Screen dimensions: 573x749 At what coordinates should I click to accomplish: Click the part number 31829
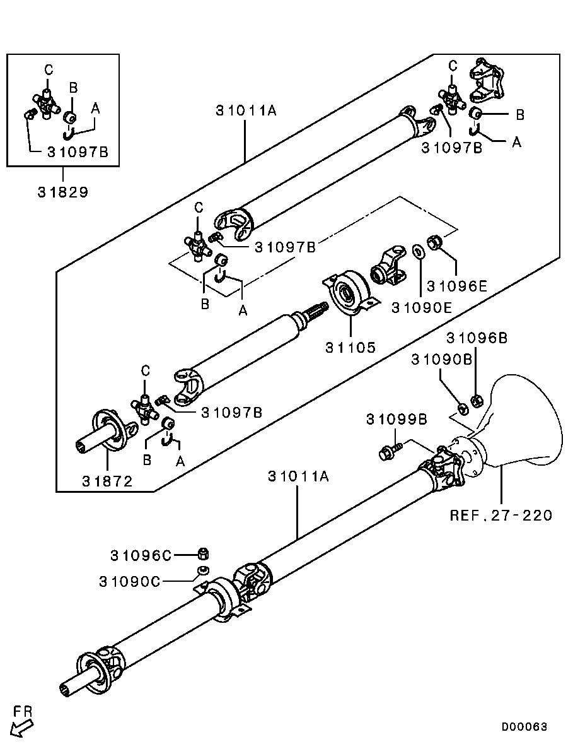[63, 192]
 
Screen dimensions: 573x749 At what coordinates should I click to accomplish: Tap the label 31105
[350, 347]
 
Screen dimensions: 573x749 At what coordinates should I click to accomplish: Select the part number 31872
[107, 481]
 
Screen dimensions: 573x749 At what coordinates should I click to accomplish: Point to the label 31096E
[456, 286]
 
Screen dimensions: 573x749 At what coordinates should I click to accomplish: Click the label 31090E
[421, 308]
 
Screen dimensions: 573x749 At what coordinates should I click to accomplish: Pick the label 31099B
[396, 420]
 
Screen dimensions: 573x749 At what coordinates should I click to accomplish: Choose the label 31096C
[141, 555]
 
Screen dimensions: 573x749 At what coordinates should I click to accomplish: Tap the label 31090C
[130, 581]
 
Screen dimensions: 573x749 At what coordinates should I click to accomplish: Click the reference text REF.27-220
[501, 516]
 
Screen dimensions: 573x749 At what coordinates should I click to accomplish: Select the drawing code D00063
[524, 727]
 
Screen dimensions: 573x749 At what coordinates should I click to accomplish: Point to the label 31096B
[477, 338]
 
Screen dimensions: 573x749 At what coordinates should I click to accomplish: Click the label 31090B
[442, 359]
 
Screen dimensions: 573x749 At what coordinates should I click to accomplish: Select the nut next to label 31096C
[204, 554]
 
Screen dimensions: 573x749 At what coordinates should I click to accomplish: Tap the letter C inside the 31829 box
[49, 71]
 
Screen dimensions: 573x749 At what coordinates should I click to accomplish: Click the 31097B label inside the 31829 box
[78, 152]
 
